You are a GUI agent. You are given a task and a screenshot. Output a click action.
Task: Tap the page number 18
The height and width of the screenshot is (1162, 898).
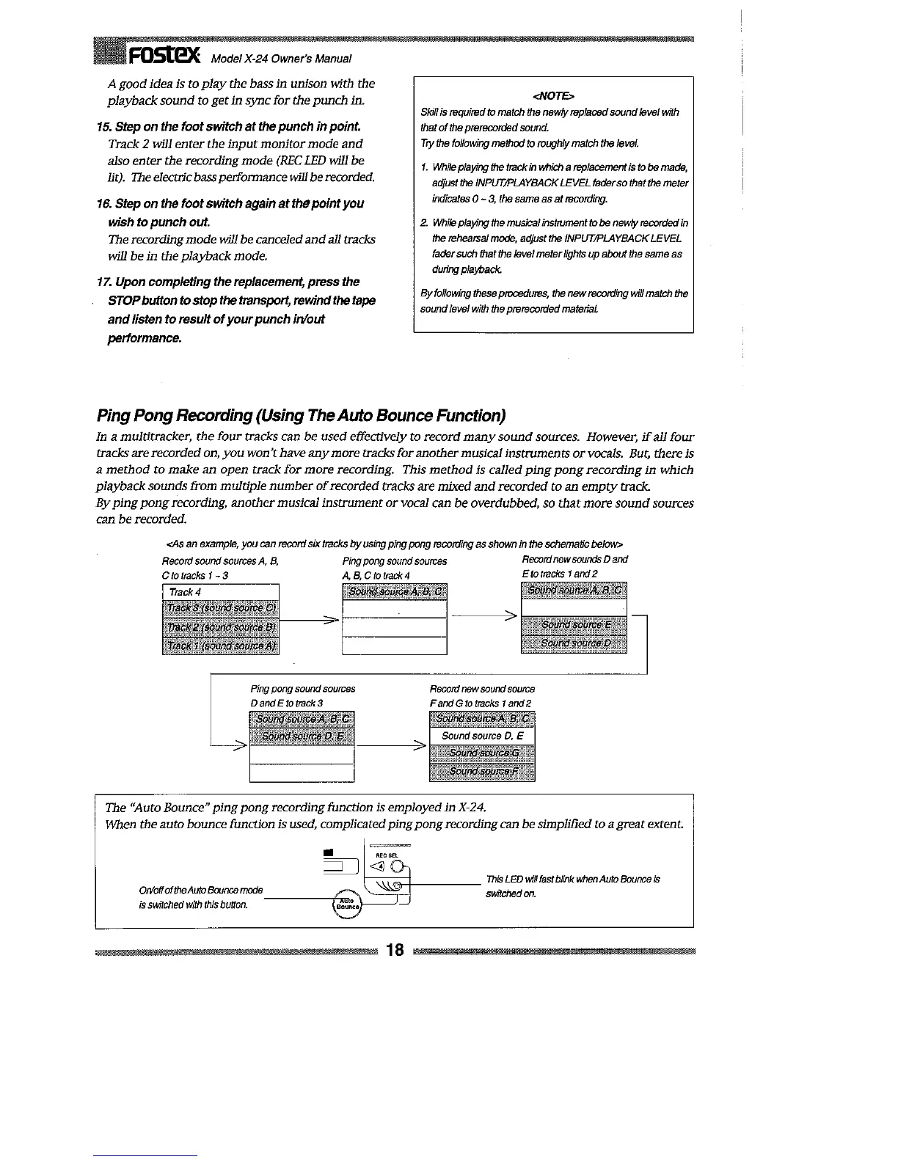click(x=395, y=951)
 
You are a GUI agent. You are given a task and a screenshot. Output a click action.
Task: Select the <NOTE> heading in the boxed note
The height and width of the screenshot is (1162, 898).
click(x=553, y=96)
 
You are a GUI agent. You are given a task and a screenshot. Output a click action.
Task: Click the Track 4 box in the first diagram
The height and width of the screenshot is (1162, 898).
click(x=221, y=591)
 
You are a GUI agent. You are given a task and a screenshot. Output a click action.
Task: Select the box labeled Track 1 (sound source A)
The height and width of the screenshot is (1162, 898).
click(x=221, y=646)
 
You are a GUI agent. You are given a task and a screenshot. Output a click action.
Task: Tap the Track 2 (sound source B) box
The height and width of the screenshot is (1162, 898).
click(x=221, y=627)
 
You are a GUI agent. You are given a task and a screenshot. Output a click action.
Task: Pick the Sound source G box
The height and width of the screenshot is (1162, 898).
click(x=482, y=753)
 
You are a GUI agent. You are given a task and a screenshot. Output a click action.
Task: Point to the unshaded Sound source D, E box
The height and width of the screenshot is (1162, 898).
click(x=482, y=736)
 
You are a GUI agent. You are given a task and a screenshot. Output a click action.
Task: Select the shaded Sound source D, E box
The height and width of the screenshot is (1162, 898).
click(x=302, y=736)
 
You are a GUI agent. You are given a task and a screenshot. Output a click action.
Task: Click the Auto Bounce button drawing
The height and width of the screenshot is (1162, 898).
click(x=345, y=904)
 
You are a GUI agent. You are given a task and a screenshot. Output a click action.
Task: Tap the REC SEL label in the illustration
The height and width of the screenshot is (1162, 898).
click(x=387, y=855)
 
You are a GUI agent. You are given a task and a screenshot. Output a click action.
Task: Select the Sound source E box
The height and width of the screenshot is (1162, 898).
click(x=574, y=626)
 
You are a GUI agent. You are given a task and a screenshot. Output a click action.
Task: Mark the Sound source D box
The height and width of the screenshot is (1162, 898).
click(x=574, y=643)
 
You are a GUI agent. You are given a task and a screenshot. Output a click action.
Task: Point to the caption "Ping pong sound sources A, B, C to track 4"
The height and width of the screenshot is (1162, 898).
click(x=394, y=568)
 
